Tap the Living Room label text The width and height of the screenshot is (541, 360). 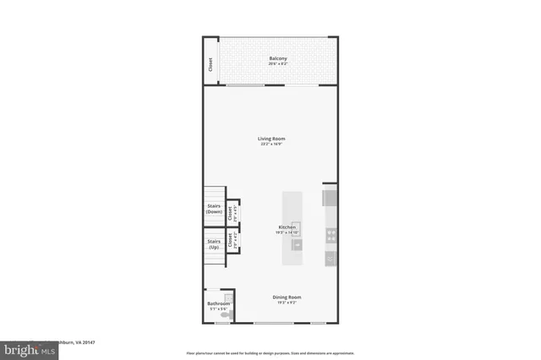tap(271, 139)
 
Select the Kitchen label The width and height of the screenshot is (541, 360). tap(287, 227)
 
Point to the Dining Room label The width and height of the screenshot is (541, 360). tap(287, 297)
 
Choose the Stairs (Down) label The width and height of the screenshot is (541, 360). tap(214, 208)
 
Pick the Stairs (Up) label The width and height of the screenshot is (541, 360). tap(214, 244)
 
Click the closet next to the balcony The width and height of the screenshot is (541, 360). tap(210, 64)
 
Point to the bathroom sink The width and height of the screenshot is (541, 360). tap(227, 298)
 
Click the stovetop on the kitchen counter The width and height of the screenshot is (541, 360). tap(331, 236)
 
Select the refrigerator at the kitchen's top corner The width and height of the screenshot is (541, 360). tap(330, 198)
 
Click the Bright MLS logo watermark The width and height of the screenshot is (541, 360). tap(25, 347)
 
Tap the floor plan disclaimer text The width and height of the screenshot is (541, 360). tap(270, 352)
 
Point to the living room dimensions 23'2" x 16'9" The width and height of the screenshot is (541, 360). tap(271, 145)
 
